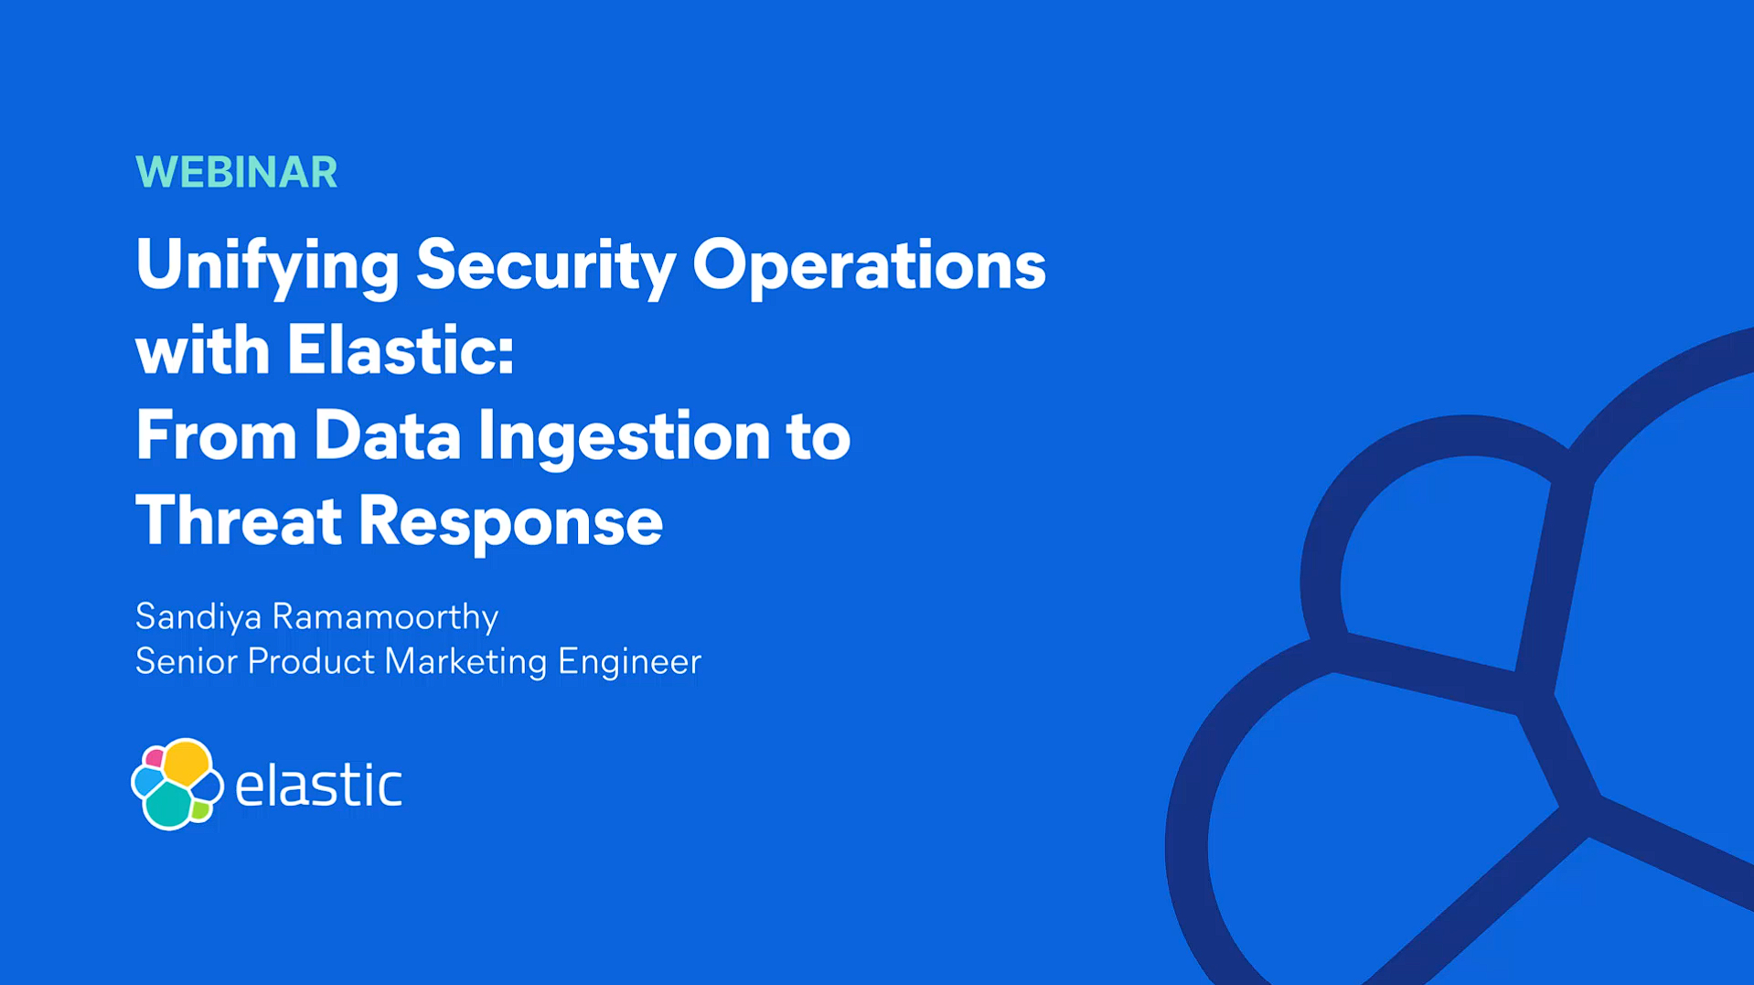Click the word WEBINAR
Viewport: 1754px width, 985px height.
pyautogui.click(x=237, y=172)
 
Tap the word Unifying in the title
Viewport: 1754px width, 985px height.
pyautogui.click(x=267, y=268)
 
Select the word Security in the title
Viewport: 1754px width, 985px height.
pyautogui.click(x=546, y=268)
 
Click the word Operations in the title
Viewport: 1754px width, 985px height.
pyautogui.click(x=869, y=268)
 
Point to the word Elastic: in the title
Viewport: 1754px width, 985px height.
pyautogui.click(x=401, y=349)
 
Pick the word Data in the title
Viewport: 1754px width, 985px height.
pyautogui.click(x=387, y=435)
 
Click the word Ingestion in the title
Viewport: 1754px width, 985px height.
pyautogui.click(x=624, y=439)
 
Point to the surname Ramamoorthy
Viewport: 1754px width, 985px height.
pyautogui.click(x=385, y=617)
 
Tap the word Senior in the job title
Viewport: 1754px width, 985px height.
pyautogui.click(x=187, y=661)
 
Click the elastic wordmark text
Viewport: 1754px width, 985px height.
pyautogui.click(x=318, y=785)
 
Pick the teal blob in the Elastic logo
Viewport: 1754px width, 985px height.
pyautogui.click(x=169, y=804)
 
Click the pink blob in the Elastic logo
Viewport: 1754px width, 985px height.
pyautogui.click(x=155, y=758)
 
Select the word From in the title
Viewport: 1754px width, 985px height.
pyautogui.click(x=216, y=435)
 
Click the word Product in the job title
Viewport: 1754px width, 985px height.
pyautogui.click(x=311, y=661)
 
